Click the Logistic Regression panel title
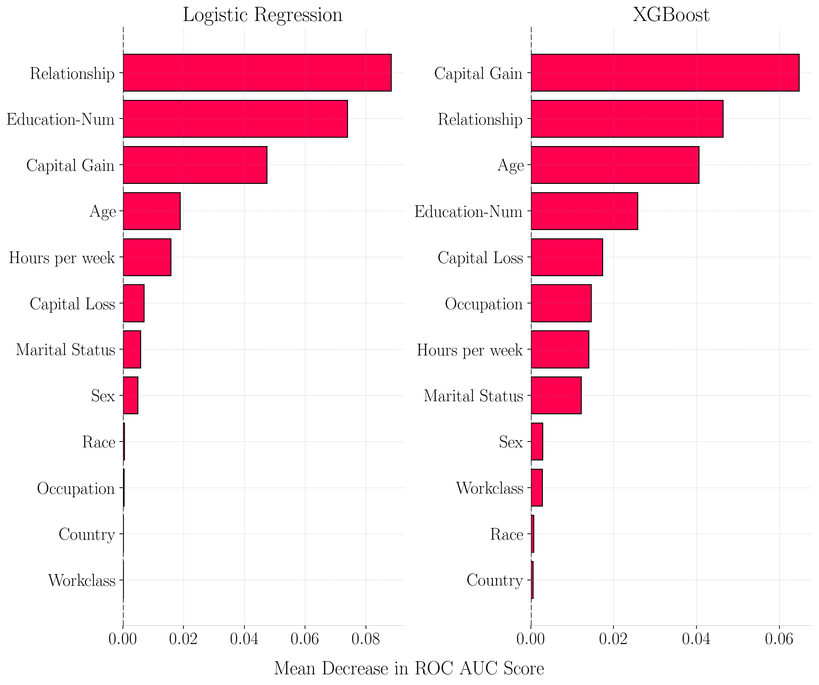pos(262,15)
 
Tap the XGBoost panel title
pos(671,15)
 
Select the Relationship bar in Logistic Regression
pos(257,73)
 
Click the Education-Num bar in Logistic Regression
pos(235,119)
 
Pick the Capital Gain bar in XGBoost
pos(665,73)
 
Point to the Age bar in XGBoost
pos(615,165)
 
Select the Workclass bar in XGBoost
pos(537,488)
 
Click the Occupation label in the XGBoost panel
pos(484,304)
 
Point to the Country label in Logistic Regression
pos(86,534)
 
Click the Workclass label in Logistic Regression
pos(82,580)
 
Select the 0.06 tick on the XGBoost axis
pos(779,639)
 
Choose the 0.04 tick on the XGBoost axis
pos(696,639)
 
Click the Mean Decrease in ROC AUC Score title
pos(409,668)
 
